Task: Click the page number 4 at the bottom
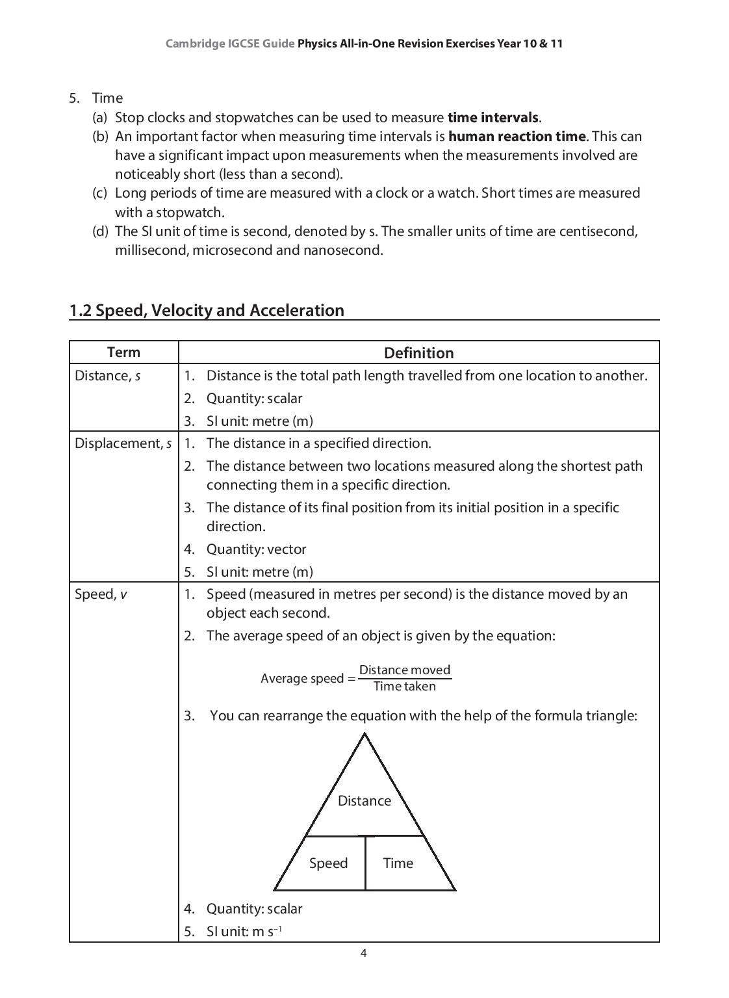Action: pyautogui.click(x=363, y=953)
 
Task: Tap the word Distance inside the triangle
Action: pyautogui.click(x=364, y=800)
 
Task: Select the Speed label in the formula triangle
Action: pyautogui.click(x=328, y=863)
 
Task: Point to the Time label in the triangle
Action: pyautogui.click(x=398, y=863)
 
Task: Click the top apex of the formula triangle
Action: pyautogui.click(x=364, y=735)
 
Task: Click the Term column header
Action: pyautogui.click(x=123, y=352)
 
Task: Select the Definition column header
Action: pyautogui.click(x=418, y=353)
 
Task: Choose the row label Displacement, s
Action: pyautogui.click(x=123, y=443)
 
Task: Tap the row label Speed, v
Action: pyautogui.click(x=101, y=594)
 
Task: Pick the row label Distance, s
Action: pyautogui.click(x=107, y=376)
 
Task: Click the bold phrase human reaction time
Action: pyautogui.click(x=517, y=137)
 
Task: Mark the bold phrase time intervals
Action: pyautogui.click(x=492, y=118)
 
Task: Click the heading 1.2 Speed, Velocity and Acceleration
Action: pyautogui.click(x=207, y=310)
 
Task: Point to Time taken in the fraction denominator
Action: pyautogui.click(x=404, y=687)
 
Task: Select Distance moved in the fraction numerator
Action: pyautogui.click(x=404, y=670)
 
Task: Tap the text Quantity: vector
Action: pyautogui.click(x=256, y=549)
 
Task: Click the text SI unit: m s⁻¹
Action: pyautogui.click(x=244, y=931)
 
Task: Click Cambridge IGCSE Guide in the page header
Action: pyautogui.click(x=230, y=44)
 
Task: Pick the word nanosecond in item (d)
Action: pyautogui.click(x=342, y=250)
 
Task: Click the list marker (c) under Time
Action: pyautogui.click(x=99, y=193)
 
